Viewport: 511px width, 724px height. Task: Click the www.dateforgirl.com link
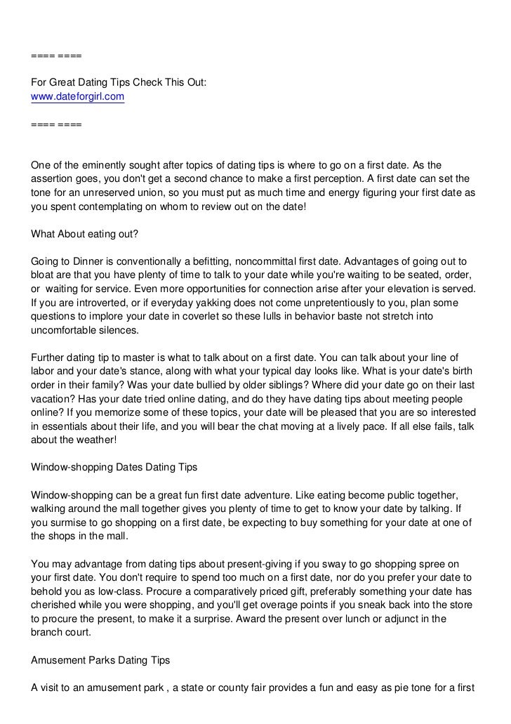[x=77, y=96]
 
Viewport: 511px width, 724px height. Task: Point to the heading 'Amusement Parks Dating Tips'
[x=100, y=661]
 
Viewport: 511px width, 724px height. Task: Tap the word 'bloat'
[x=44, y=275]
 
